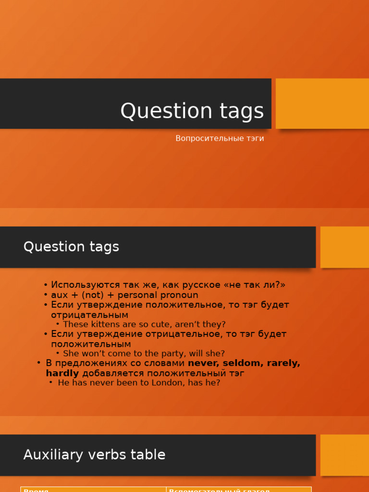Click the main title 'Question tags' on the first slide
192,111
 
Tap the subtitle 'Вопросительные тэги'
220,138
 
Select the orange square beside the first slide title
322,103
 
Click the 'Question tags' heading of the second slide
71,247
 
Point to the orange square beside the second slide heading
344,247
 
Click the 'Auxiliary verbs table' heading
94,455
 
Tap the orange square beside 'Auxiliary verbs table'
344,455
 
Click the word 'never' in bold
203,363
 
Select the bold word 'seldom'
243,363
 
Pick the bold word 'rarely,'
283,363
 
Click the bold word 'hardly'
62,373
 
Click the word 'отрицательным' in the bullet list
89,315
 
